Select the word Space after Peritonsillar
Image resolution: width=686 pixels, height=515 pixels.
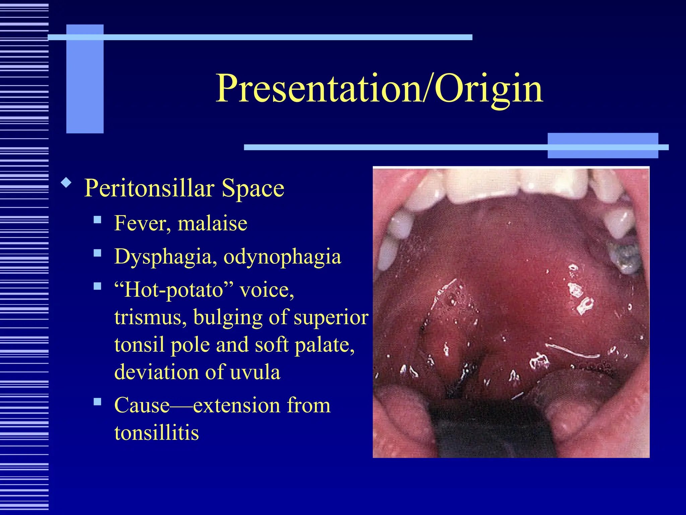(x=253, y=188)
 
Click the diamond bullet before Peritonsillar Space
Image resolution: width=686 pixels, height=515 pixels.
(x=66, y=183)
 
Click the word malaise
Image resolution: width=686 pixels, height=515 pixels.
(x=212, y=223)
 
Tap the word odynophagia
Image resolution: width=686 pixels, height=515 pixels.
(x=282, y=257)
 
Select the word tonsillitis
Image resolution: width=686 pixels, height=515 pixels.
(x=156, y=433)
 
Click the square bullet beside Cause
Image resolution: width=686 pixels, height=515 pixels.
(x=97, y=402)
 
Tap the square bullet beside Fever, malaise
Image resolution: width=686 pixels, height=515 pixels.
(x=97, y=220)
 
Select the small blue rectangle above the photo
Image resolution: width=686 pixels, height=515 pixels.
(x=602, y=146)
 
